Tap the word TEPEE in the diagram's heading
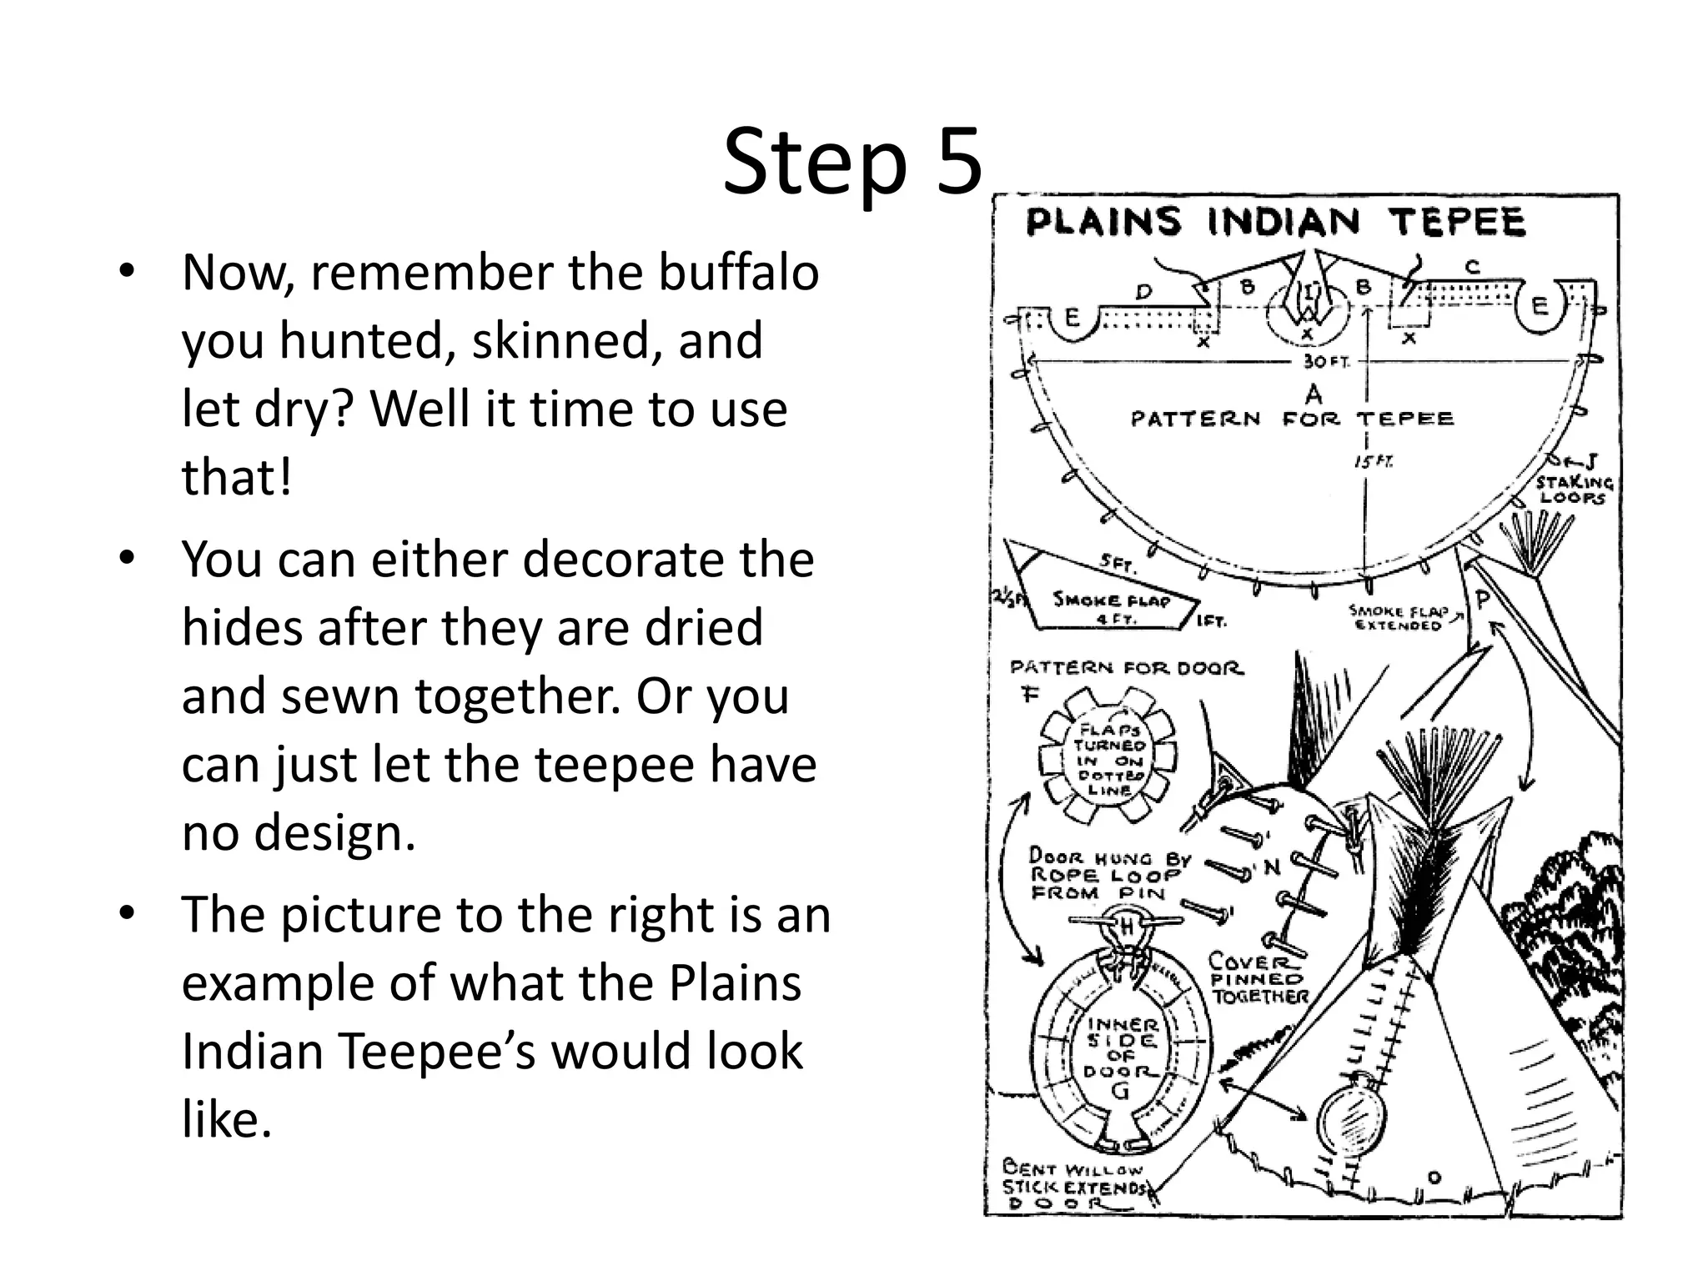1456,223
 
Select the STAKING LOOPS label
1574,490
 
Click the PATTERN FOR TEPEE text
1292,418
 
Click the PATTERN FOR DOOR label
1126,668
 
